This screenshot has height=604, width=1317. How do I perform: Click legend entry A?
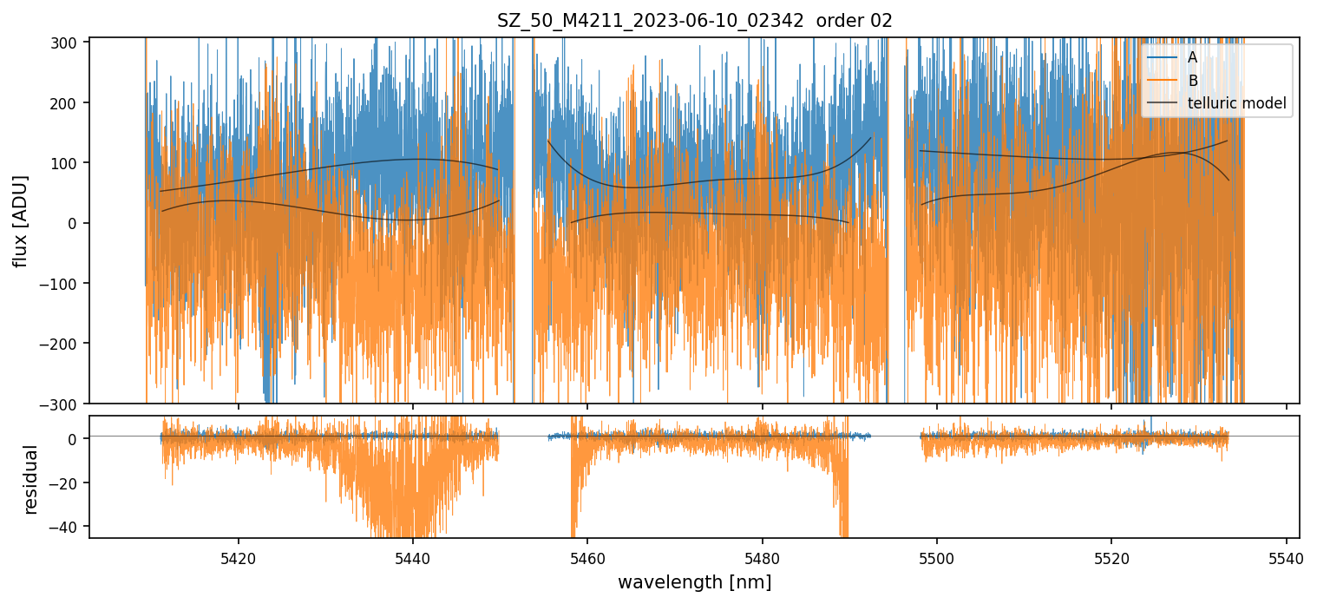[x=1193, y=57]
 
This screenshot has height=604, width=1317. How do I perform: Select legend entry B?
[x=1193, y=81]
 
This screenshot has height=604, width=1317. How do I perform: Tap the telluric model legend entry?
[x=1236, y=104]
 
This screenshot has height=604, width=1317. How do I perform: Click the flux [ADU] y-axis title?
[x=20, y=220]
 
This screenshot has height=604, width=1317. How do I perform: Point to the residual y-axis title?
[x=31, y=479]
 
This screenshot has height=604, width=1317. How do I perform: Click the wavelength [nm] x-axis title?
[x=694, y=582]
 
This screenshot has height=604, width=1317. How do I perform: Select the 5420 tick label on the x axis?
[x=239, y=556]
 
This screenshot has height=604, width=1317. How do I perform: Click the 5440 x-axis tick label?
[x=413, y=556]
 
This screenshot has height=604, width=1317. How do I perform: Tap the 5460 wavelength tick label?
[x=587, y=556]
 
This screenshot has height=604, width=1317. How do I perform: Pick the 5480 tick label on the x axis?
[x=763, y=556]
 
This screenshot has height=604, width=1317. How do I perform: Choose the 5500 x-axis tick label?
[x=937, y=556]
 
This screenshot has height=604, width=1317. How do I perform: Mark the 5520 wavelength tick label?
[x=1111, y=556]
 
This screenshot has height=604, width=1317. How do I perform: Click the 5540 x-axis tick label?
[x=1287, y=556]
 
